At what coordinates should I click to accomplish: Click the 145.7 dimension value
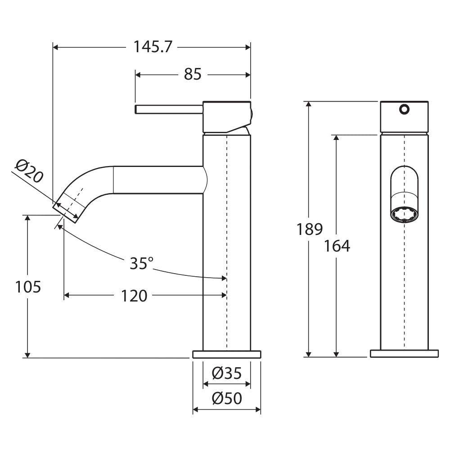point(153,47)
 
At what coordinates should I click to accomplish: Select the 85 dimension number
point(193,74)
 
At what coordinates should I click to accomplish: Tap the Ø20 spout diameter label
point(29,171)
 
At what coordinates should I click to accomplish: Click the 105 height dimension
point(28,287)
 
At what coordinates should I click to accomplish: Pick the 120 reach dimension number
point(134,296)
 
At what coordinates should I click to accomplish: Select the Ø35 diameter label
point(226,373)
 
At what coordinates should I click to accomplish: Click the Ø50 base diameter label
point(226,398)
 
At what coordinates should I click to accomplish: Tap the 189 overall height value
point(310,229)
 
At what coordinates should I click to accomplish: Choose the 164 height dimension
point(337,246)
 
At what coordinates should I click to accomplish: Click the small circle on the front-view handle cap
point(404,108)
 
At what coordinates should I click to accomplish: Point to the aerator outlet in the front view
point(404,215)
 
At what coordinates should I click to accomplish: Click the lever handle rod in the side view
point(169,109)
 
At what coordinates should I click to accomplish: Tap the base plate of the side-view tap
point(227,354)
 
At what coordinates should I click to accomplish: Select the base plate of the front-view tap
point(404,354)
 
